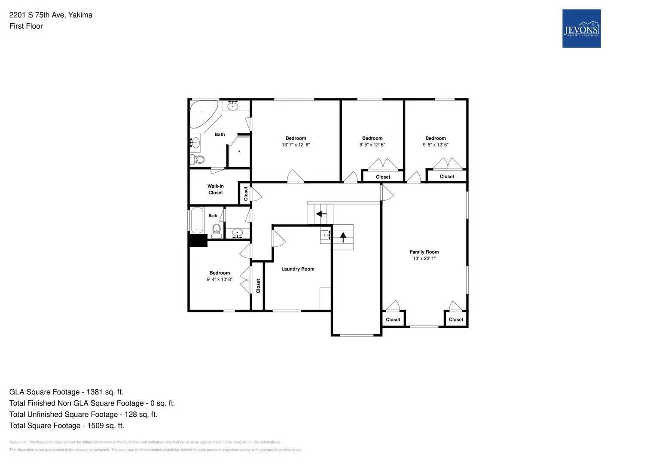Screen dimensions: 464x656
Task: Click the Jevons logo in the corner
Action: tap(581, 28)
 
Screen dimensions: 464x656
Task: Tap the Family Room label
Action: tap(424, 252)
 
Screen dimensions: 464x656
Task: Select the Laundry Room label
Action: tap(298, 269)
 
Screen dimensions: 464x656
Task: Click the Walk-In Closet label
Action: tap(216, 189)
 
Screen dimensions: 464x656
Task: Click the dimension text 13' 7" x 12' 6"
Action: tap(296, 145)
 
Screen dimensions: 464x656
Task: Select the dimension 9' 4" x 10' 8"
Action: tap(220, 280)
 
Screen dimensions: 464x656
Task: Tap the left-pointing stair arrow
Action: tap(321, 214)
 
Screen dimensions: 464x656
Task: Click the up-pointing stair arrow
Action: tap(343, 237)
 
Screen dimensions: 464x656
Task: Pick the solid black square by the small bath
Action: tap(198, 241)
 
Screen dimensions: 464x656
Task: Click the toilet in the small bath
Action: tap(216, 231)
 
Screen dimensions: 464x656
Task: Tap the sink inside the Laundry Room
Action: tap(325, 235)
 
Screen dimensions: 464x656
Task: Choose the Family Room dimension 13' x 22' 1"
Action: tap(424, 259)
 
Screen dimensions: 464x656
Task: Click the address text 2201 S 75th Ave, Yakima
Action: tap(51, 15)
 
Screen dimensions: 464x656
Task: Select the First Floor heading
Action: tap(26, 26)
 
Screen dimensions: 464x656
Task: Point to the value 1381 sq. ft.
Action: tap(105, 392)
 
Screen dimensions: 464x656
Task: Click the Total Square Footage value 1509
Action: tap(106, 426)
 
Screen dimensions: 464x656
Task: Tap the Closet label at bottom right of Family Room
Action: tap(456, 320)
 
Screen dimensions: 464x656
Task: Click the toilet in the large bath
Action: tap(199, 160)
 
